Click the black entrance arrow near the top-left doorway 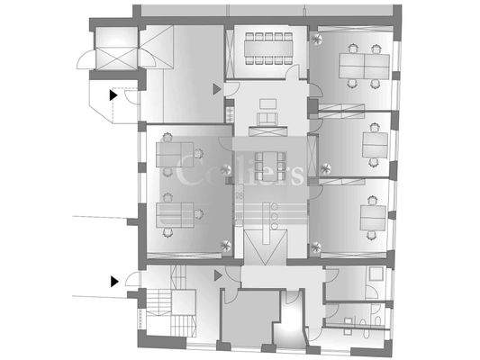[x=113, y=93]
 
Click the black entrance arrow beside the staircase [x=114, y=281]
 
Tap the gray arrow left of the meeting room [x=216, y=89]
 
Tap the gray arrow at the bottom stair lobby [x=219, y=276]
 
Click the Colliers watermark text [x=239, y=171]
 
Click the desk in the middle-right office [x=376, y=144]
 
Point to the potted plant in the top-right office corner [x=316, y=40]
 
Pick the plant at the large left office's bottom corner [x=225, y=246]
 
